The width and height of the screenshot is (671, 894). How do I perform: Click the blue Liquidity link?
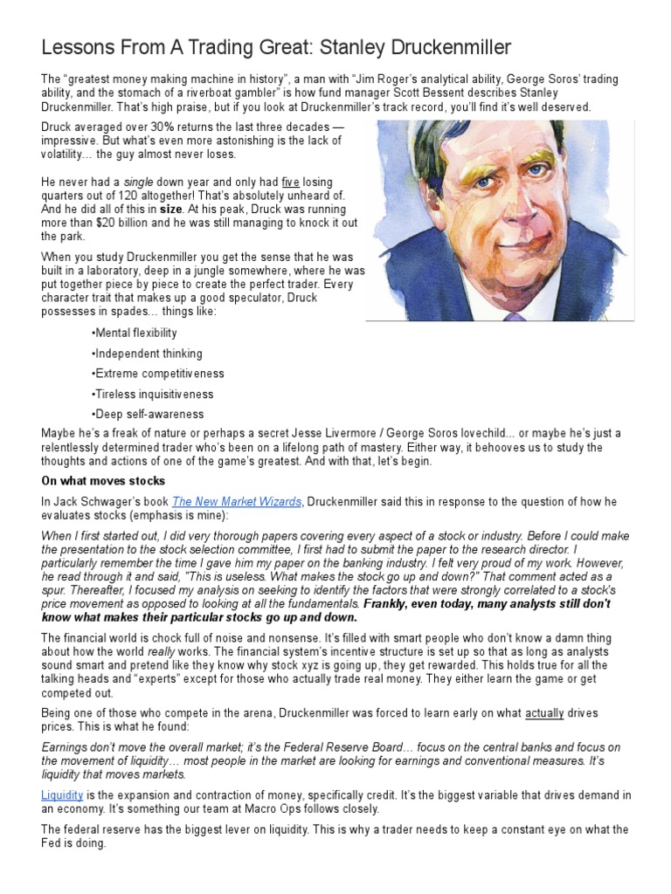[62, 794]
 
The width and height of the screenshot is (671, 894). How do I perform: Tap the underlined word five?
[290, 182]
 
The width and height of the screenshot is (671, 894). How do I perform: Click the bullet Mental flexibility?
[134, 333]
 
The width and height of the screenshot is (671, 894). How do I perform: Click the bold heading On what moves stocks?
[103, 481]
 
